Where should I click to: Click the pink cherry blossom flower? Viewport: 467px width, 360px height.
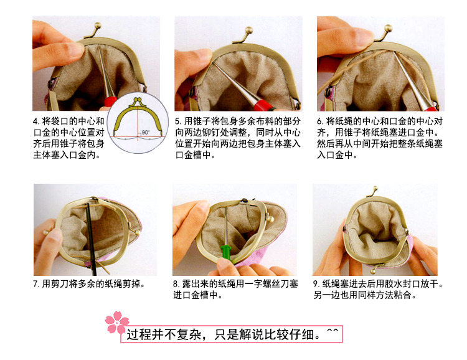pos(117,322)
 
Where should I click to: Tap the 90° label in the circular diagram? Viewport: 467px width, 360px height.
pos(145,132)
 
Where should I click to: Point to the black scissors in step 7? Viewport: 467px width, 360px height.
pos(92,239)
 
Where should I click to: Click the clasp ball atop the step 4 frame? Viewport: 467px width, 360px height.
pos(97,26)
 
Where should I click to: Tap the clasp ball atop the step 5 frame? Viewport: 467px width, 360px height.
pos(248,30)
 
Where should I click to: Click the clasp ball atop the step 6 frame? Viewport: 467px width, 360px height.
pos(388,28)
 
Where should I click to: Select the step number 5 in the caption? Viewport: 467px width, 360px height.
pos(178,121)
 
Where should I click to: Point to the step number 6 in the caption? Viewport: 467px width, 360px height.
pos(320,121)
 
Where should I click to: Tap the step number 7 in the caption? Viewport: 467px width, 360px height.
pos(36,284)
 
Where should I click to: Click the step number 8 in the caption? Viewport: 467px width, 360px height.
pos(176,284)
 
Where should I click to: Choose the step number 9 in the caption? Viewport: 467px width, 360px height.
pos(316,284)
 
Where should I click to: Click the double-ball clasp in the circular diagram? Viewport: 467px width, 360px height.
pos(138,100)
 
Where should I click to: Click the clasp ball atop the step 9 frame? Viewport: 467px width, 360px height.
pos(375,189)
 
